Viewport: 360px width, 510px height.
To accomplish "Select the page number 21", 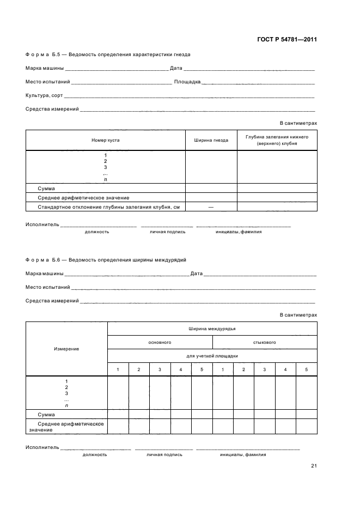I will coord(314,466).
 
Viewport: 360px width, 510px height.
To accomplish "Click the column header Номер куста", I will coord(106,140).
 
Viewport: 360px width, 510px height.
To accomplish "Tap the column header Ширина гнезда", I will coord(211,140).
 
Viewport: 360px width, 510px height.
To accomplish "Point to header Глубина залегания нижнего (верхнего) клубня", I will coord(277,140).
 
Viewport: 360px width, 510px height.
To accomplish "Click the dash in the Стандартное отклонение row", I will coord(211,207).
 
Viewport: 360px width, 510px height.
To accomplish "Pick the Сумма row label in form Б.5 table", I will coord(46,188).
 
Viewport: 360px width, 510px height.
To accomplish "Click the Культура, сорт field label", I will coord(44,95).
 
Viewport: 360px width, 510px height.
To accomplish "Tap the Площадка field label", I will coord(187,82).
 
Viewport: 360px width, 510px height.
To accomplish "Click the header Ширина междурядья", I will coord(212,329).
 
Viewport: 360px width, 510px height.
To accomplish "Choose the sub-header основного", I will coord(160,342).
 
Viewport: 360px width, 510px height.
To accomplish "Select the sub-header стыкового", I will coord(264,342).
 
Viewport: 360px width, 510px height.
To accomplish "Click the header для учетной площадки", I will coord(212,356).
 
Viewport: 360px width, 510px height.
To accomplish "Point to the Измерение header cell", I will coord(66,349).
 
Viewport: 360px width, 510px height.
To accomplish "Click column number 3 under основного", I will coord(160,370).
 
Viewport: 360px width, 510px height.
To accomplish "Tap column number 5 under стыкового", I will coord(306,370).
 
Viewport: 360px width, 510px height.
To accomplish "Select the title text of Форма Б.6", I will coord(109,260).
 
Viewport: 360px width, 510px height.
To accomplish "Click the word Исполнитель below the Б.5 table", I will coord(42,225).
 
